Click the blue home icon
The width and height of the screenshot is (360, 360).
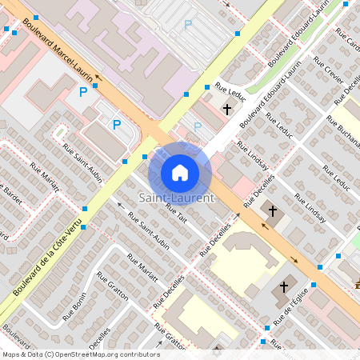coord(180,172)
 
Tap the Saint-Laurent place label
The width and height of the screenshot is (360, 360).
coord(177,198)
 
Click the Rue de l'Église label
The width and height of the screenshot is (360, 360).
coord(294,309)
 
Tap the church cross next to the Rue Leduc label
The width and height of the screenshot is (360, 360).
coord(226,107)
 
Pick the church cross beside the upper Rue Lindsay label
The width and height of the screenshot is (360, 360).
coord(272,210)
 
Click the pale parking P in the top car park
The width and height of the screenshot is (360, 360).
coord(188,25)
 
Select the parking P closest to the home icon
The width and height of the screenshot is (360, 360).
coord(198,126)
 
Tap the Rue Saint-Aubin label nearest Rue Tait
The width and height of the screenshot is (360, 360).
coord(150,230)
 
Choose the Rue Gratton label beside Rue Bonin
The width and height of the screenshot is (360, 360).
coord(112,285)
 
